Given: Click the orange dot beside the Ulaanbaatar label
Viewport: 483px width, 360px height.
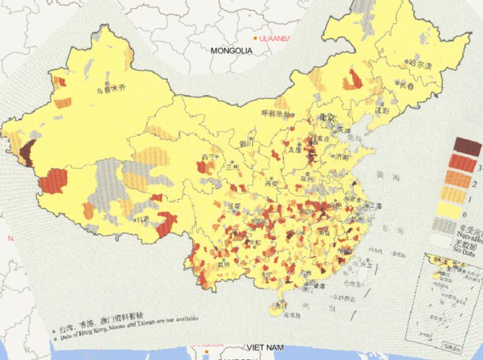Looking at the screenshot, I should [x=255, y=38].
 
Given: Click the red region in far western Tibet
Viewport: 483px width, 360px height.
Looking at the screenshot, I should [x=53, y=181].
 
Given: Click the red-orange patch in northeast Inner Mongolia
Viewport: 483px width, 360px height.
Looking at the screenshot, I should [x=353, y=80].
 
